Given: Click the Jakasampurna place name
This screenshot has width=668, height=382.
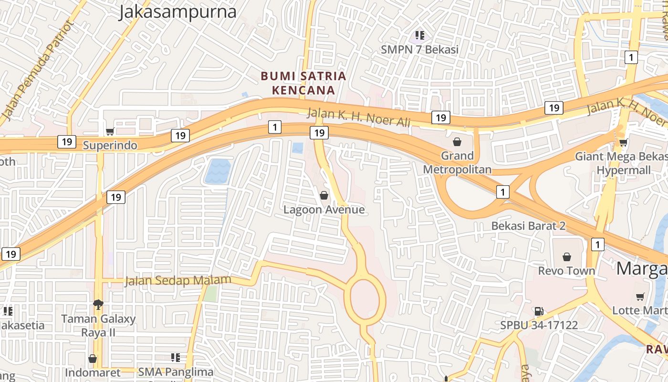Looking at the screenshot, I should (177, 12).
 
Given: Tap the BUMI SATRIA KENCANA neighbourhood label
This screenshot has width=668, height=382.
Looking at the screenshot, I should (303, 83).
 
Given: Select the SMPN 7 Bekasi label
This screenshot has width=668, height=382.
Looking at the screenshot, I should (419, 50).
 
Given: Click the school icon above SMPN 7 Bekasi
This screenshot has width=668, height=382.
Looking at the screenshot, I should (419, 35).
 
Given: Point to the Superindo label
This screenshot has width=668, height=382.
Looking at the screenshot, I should (110, 145).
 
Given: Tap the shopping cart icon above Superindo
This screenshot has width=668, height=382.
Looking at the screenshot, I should (110, 131).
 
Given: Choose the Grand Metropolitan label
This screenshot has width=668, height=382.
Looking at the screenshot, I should (457, 162).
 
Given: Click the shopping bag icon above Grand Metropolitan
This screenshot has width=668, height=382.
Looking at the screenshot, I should (457, 142).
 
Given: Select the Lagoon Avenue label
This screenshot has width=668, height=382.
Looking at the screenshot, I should (324, 210).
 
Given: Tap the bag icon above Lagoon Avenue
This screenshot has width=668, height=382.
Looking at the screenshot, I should (324, 195).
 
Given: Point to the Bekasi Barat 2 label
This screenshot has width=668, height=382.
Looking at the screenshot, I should (529, 225).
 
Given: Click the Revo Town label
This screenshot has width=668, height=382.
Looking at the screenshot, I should (566, 271).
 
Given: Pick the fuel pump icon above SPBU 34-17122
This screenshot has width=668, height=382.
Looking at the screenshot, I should (539, 311).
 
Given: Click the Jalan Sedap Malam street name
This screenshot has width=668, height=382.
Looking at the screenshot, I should (178, 280).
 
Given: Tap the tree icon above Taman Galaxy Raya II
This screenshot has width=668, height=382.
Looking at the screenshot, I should (98, 304).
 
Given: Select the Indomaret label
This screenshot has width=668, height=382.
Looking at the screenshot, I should (93, 372).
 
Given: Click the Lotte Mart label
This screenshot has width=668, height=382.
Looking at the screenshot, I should (639, 310).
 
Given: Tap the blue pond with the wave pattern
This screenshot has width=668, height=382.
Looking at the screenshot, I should (218, 172).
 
